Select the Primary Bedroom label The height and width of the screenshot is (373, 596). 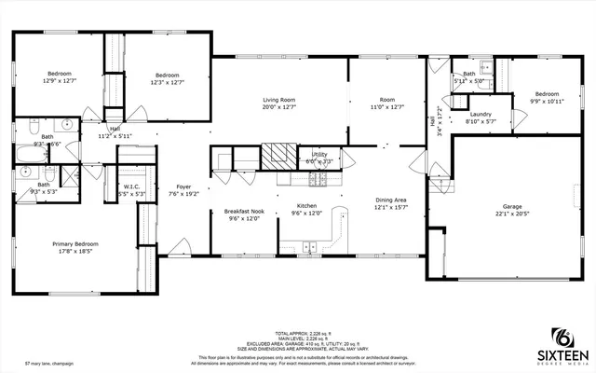(74, 243)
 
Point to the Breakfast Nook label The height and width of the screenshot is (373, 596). (245, 211)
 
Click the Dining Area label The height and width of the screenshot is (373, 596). (390, 200)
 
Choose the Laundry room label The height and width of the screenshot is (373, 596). (481, 114)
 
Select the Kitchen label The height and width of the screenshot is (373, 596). (308, 205)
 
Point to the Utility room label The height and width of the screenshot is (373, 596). (319, 155)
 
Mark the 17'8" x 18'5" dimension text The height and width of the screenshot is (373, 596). (74, 252)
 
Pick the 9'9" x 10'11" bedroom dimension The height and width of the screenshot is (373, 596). (546, 100)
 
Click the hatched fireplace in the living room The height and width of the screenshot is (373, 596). (277, 155)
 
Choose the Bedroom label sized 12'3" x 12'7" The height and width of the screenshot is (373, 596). (168, 75)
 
